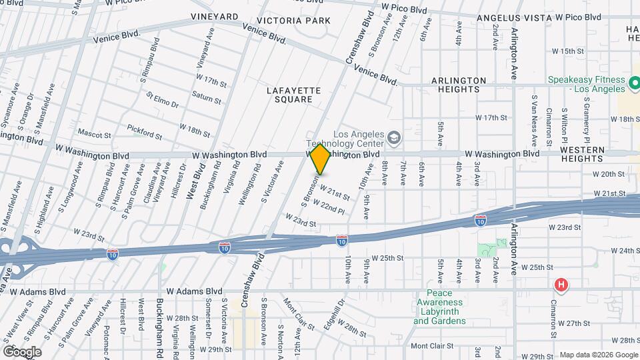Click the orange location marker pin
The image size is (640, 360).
[321, 159]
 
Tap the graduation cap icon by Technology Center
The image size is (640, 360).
[395, 137]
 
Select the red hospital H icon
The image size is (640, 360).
[561, 286]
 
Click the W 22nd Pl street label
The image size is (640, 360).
[328, 207]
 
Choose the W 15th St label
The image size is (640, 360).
[568, 51]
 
